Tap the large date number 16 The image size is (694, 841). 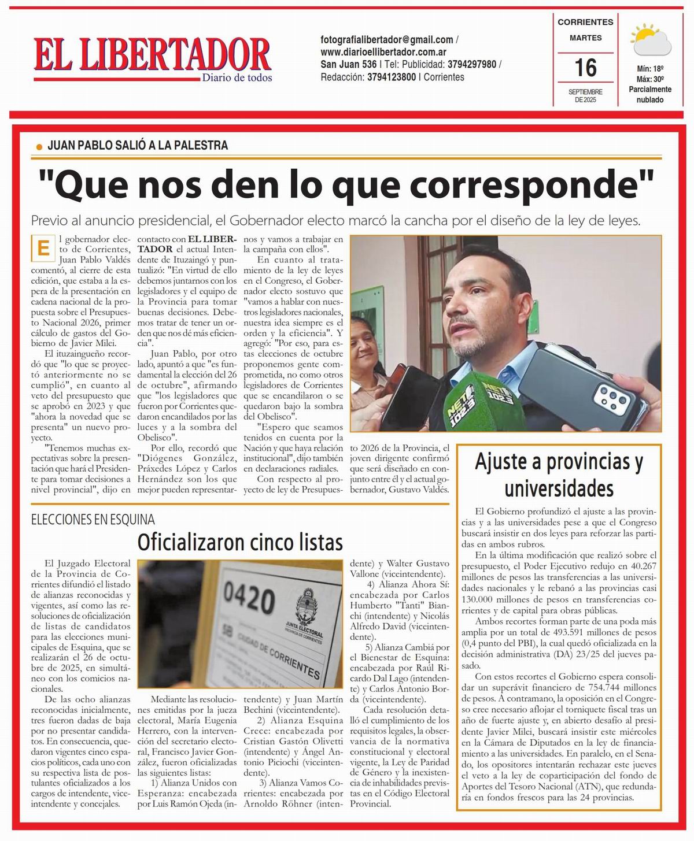585,68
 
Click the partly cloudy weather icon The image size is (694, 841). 651,40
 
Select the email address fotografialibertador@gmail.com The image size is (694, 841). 387,40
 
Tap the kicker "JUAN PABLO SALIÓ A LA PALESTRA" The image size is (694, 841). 138,145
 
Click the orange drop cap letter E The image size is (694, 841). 42,249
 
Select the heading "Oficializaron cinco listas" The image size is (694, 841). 240,542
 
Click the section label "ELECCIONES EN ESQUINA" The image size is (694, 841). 93,520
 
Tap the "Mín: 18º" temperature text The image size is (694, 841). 649,69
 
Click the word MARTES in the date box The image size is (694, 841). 585,38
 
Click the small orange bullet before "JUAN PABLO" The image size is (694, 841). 39,147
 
